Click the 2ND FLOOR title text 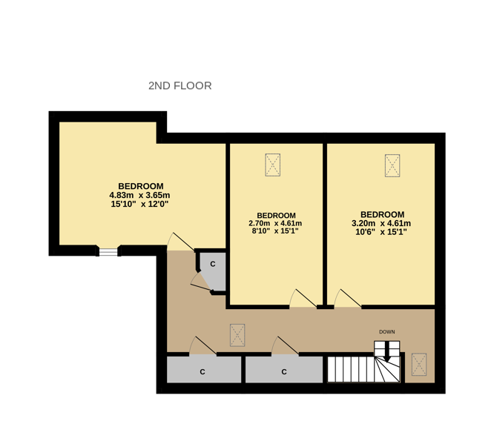[180, 86]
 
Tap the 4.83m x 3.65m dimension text [141, 195]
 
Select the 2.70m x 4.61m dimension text [276, 223]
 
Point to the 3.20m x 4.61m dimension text [381, 223]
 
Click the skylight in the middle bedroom [273, 165]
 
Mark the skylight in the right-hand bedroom [392, 165]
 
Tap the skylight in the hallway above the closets [237, 334]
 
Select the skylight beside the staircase [420, 364]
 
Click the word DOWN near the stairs [386, 331]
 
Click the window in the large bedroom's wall [109, 252]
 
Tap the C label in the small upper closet [213, 264]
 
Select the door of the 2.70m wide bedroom [301, 298]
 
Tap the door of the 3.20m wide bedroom [346, 298]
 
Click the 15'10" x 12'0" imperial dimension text [141, 204]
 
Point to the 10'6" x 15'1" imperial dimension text [381, 231]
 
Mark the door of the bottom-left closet [202, 346]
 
